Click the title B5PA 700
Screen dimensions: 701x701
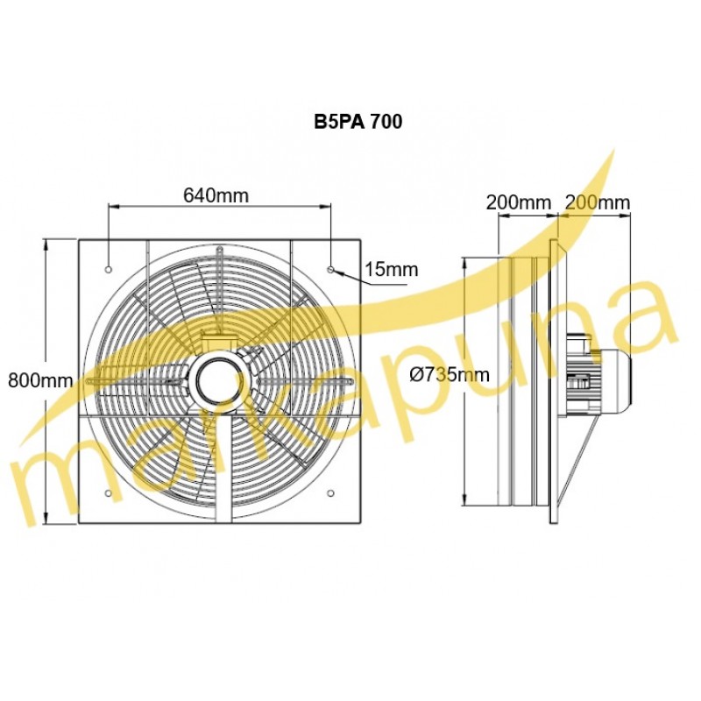tap(358, 122)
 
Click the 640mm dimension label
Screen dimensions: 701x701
tap(216, 195)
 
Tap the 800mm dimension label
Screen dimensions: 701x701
tap(40, 380)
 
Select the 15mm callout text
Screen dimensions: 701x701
tap(392, 270)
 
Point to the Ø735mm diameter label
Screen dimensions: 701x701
tap(450, 375)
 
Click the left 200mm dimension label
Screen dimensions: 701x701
tap(519, 202)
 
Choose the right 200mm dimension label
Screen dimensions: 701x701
tap(598, 202)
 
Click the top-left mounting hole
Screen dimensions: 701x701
tap(108, 270)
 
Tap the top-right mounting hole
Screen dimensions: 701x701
tap(330, 270)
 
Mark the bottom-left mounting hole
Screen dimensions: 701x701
tap(108, 492)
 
